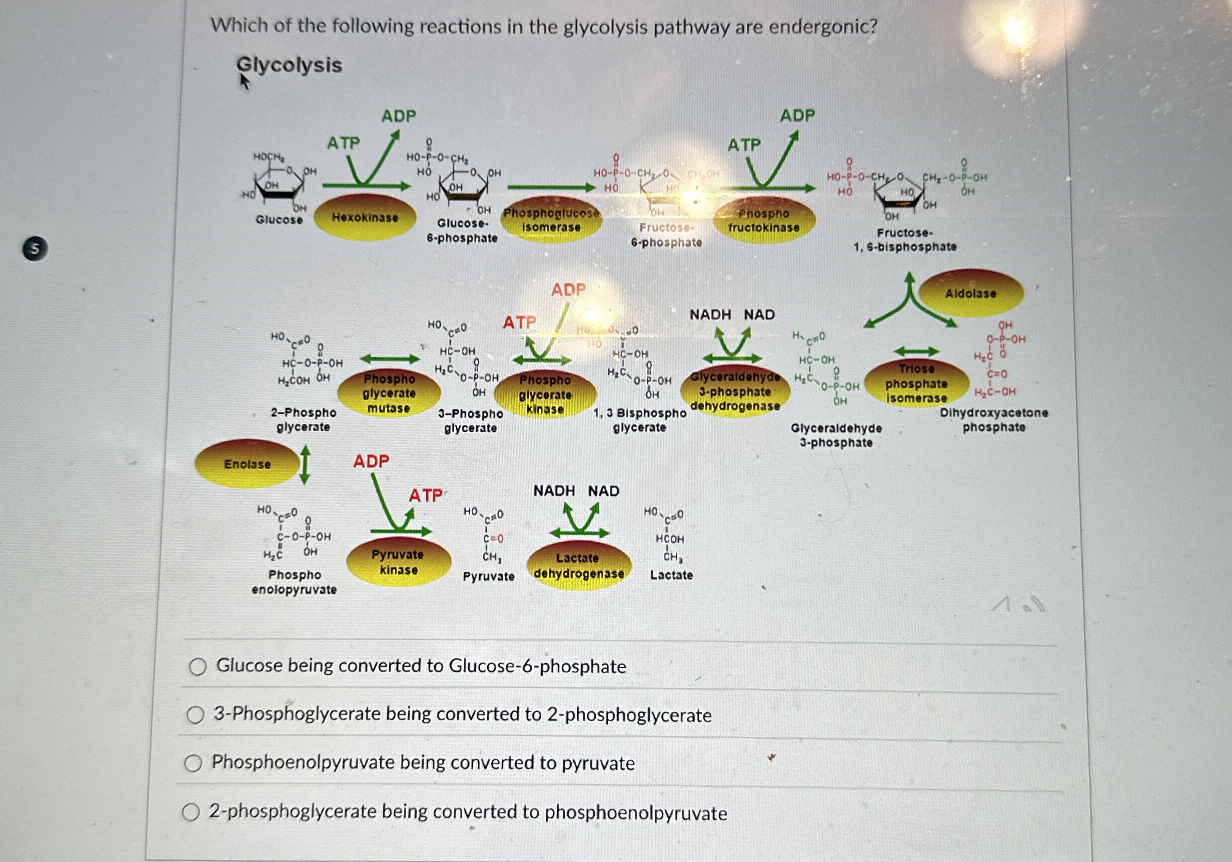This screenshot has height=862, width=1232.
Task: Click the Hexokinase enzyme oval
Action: coord(365,218)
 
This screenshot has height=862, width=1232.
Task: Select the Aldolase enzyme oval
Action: coord(970,293)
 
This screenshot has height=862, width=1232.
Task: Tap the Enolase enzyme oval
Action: coord(247,464)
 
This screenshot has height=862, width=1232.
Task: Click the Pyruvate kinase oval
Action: coord(398,562)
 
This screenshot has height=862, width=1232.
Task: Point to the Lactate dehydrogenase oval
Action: coord(579,566)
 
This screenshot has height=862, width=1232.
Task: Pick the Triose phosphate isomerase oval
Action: coord(916,383)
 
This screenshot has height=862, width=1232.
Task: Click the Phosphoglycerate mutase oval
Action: coord(389,393)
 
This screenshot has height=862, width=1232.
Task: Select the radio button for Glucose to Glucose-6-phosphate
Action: coord(198,666)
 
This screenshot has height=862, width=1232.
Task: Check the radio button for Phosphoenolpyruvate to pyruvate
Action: coord(193,763)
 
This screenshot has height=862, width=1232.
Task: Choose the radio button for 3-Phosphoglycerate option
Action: coord(196,715)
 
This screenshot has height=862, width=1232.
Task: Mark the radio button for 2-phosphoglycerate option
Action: coord(191,812)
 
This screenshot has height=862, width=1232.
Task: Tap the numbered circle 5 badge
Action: coord(35,249)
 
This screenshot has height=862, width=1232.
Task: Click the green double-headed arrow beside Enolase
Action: coord(305,465)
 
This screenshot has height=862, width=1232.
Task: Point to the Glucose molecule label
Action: coord(279,220)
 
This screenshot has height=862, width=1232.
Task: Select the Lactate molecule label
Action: coord(671,575)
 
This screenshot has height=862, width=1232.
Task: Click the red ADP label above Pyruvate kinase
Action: coord(371,461)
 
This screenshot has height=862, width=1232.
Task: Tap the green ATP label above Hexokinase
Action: coord(343,143)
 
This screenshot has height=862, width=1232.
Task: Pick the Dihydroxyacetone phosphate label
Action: coord(994,420)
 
